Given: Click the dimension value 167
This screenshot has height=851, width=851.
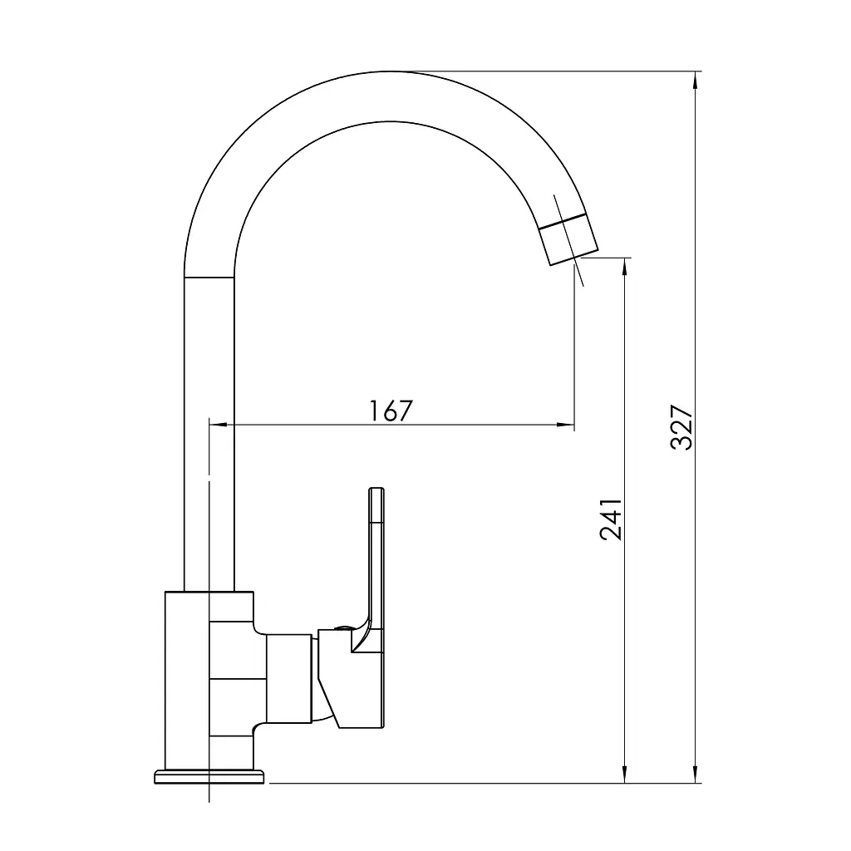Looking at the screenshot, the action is point(391,411).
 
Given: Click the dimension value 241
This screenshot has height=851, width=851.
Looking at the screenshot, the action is point(611,519).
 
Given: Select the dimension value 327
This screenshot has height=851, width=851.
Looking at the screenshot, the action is point(681,427).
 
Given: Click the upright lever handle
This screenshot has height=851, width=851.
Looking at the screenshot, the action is point(376,559).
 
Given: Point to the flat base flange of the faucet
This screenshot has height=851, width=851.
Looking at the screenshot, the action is point(209,777).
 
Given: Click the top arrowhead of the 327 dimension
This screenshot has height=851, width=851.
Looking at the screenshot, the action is point(696,81).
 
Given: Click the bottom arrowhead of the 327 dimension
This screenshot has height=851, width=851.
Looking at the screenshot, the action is point(696,774).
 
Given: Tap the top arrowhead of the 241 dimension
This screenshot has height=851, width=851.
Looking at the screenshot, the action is point(625,268).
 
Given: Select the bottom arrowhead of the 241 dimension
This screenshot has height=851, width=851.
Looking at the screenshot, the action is point(625,774).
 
